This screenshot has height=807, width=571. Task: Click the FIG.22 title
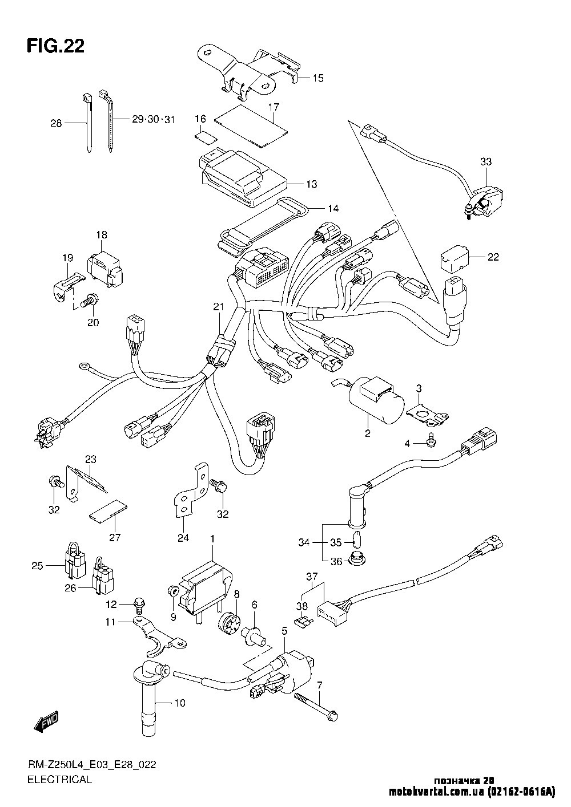tap(55, 46)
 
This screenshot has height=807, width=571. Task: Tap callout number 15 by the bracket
tap(318, 78)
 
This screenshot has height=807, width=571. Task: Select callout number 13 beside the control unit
tap(311, 184)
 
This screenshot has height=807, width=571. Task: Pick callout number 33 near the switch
tap(486, 162)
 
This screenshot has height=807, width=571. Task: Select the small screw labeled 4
tap(430, 443)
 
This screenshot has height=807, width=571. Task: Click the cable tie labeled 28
tap(88, 123)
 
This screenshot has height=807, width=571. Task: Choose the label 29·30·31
tap(153, 119)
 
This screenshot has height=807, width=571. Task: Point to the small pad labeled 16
tap(205, 136)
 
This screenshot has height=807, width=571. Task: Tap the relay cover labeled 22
tap(453, 257)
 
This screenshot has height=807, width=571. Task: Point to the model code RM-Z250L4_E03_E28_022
tap(91, 765)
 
